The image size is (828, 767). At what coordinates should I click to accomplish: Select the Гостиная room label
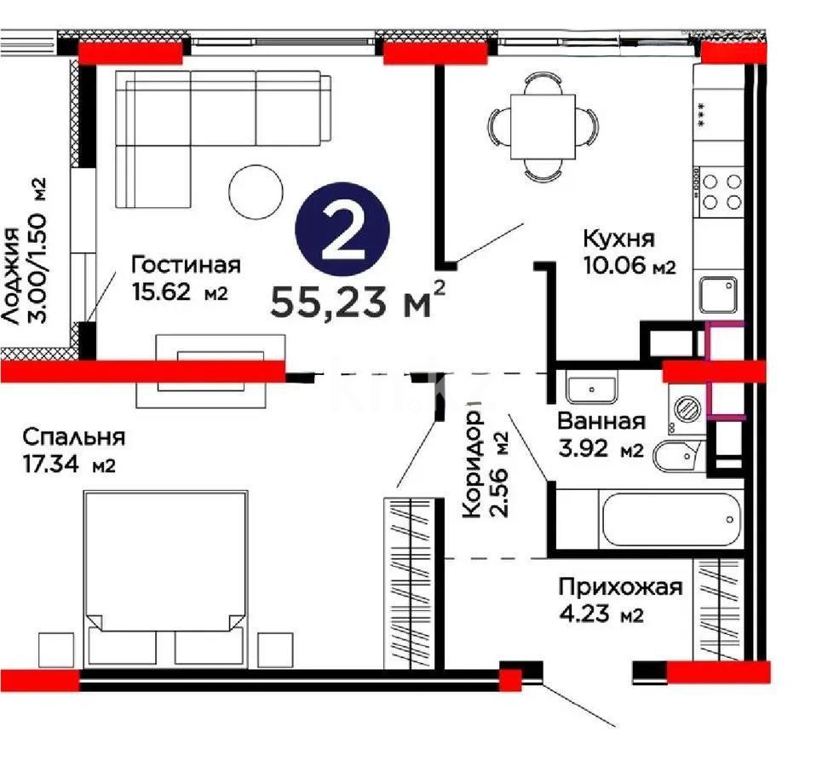click(186, 265)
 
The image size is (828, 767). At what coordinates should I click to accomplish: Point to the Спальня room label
click(74, 438)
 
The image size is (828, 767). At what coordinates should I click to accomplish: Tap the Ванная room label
click(601, 421)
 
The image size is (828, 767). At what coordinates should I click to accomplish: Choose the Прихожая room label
click(620, 587)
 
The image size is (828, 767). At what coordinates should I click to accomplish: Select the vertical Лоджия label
click(11, 277)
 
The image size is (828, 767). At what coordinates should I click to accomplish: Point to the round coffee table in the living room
click(256, 192)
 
